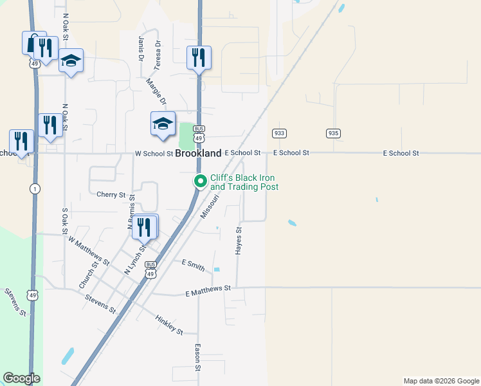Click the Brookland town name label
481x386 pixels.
(199, 154)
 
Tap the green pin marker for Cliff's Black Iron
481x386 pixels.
(200, 182)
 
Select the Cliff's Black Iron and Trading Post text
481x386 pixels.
(244, 183)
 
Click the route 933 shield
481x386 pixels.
(278, 133)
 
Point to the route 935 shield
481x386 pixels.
(332, 133)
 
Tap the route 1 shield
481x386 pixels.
(33, 188)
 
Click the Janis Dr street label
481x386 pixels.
(141, 49)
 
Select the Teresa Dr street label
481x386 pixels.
(157, 56)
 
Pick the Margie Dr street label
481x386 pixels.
(157, 91)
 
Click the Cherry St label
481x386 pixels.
(111, 194)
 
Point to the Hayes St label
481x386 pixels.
(239, 240)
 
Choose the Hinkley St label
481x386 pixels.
(169, 324)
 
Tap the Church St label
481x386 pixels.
(89, 274)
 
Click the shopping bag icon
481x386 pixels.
(32, 43)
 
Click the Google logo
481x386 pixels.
(21, 378)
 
